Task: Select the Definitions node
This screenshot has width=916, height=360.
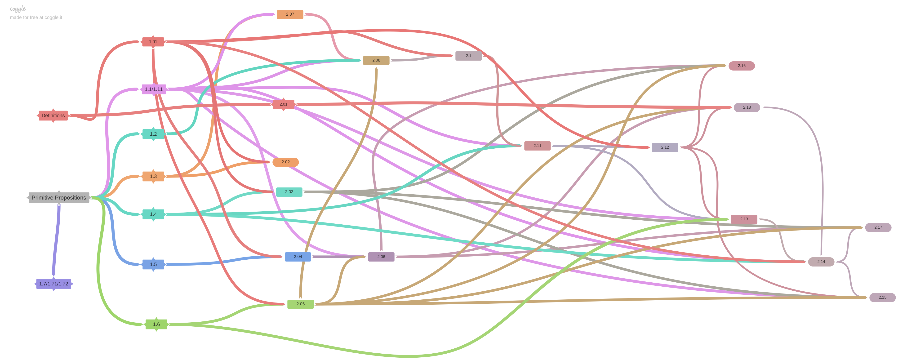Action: (x=53, y=116)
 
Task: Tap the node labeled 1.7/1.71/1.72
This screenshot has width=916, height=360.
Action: (x=53, y=284)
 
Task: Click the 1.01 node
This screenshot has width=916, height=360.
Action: (x=153, y=42)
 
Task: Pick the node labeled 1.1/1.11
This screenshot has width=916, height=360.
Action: (x=154, y=89)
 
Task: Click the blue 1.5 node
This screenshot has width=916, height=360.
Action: (x=153, y=265)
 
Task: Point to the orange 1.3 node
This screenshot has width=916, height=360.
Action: (x=153, y=176)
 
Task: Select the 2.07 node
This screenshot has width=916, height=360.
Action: (x=290, y=14)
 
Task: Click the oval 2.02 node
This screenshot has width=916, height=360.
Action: (x=285, y=162)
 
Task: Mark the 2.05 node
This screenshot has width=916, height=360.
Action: (x=300, y=304)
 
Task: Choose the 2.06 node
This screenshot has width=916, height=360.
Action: (x=381, y=257)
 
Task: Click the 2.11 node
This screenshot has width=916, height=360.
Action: (x=537, y=146)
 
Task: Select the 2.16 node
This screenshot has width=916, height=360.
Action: (x=741, y=66)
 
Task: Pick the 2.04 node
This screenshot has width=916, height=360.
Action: (x=298, y=257)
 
